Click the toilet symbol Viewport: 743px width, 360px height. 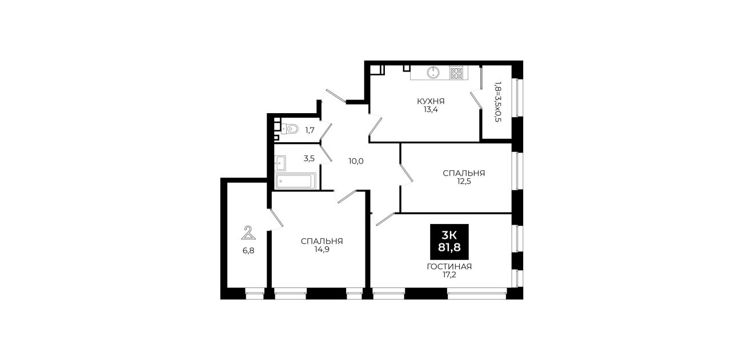click(290, 129)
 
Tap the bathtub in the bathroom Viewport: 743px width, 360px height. click(295, 181)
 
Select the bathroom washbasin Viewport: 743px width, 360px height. click(280, 163)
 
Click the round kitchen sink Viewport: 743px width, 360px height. click(433, 73)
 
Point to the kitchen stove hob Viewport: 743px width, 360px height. click(456, 73)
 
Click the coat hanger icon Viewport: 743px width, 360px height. click(248, 233)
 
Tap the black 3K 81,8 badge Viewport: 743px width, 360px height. click(449, 242)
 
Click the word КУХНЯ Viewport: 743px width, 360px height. click(431, 101)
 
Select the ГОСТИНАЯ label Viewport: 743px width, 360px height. click(449, 266)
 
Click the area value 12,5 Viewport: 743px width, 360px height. click(464, 182)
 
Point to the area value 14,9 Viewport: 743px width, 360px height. click(322, 250)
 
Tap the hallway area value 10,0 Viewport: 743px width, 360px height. click(356, 162)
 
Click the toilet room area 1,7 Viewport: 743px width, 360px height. click(310, 130)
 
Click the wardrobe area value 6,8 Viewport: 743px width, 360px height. click(248, 251)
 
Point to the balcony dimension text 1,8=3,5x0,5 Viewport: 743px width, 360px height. click(497, 102)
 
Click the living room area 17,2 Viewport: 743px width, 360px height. click(449, 275)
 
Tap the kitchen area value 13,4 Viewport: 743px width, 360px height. click(431, 110)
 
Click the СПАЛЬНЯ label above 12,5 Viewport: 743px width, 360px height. click(464, 173)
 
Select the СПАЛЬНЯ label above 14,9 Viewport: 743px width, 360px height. click(322, 241)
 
